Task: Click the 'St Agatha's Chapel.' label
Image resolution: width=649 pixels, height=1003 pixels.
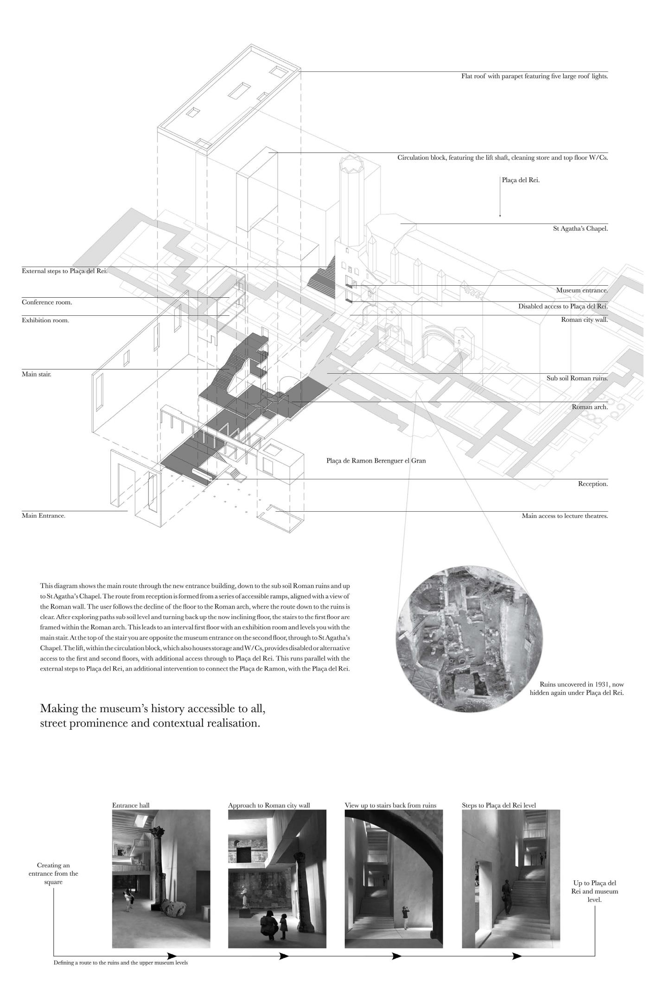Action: (x=580, y=228)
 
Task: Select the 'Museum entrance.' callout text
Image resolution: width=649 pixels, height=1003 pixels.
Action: (x=582, y=290)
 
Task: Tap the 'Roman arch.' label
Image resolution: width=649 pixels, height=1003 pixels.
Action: (x=589, y=407)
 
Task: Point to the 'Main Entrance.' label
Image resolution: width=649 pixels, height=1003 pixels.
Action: (x=44, y=515)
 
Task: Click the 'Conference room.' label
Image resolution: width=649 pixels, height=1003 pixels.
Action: (x=47, y=302)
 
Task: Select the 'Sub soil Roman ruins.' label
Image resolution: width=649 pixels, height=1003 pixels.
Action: (x=577, y=378)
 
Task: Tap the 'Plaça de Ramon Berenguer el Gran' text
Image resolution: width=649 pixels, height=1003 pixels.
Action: (x=376, y=461)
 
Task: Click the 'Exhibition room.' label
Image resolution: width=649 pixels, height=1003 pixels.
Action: (x=45, y=320)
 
